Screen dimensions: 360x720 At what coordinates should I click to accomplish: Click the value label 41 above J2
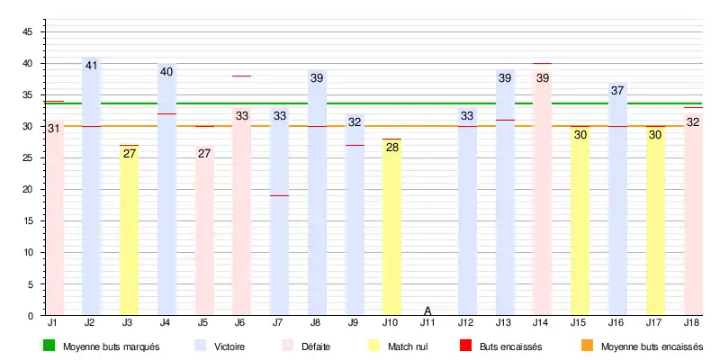pyautogui.click(x=91, y=66)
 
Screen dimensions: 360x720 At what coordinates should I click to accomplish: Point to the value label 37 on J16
pyautogui.click(x=617, y=91)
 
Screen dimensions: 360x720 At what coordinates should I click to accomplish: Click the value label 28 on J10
pyautogui.click(x=391, y=148)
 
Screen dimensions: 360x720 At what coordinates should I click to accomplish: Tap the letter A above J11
pyautogui.click(x=428, y=310)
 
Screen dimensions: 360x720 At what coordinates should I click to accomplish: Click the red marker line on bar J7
pyautogui.click(x=279, y=195)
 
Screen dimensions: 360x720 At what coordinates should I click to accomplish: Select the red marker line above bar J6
pyautogui.click(x=241, y=76)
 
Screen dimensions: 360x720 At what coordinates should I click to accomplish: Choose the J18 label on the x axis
pyautogui.click(x=692, y=322)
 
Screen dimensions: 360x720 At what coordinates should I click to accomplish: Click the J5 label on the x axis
pyautogui.click(x=203, y=322)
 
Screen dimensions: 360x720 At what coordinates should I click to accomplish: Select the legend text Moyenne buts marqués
pyautogui.click(x=111, y=346)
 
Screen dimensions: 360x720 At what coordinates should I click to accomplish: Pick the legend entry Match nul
pyautogui.click(x=406, y=346)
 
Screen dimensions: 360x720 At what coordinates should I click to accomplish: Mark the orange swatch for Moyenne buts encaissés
pyautogui.click(x=587, y=346)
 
